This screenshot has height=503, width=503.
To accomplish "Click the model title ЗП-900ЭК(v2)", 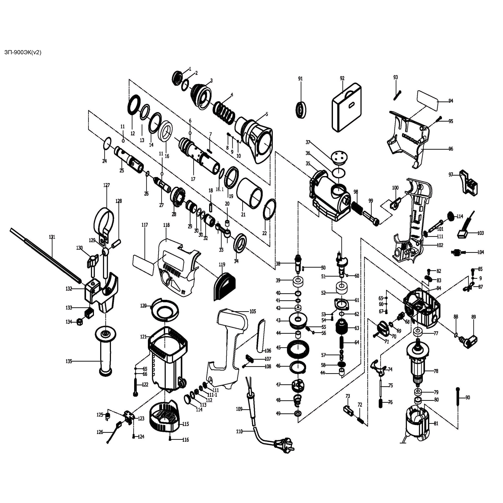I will [23, 53].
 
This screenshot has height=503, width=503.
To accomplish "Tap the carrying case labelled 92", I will [347, 107].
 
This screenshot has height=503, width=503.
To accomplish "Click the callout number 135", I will [69, 361].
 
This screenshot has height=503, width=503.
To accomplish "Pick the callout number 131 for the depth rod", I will [52, 237].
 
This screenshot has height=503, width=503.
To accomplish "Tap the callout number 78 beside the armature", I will [436, 371].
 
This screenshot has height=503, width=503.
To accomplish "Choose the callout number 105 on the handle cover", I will [253, 311].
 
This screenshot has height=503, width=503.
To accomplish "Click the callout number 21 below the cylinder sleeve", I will [243, 215].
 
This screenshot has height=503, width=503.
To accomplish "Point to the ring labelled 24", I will [107, 143].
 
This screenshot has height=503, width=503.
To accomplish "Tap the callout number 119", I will [222, 264].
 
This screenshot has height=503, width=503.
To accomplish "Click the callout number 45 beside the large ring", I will [278, 348].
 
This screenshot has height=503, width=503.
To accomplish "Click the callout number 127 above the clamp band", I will [107, 185].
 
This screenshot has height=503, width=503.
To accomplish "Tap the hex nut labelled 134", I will [80, 322].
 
